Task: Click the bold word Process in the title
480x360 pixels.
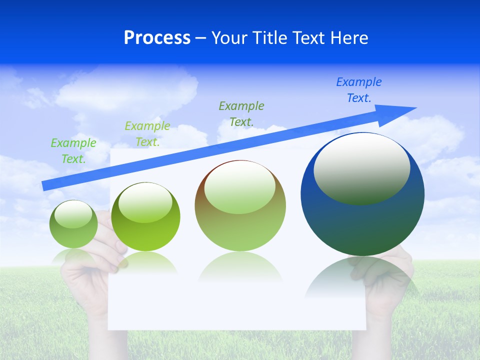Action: pyautogui.click(x=157, y=38)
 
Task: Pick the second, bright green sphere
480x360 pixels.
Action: pyautogui.click(x=145, y=217)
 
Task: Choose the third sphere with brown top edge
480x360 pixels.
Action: pyautogui.click(x=240, y=206)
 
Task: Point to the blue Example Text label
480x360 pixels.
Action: pyautogui.click(x=358, y=90)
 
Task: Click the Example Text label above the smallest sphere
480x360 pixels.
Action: pyautogui.click(x=73, y=151)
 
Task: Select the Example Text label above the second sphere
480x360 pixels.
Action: pyautogui.click(x=147, y=134)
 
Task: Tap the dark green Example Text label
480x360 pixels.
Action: pyautogui.click(x=241, y=113)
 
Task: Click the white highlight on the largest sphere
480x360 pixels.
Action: pyautogui.click(x=361, y=168)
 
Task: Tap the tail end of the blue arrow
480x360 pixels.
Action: pyautogui.click(x=46, y=185)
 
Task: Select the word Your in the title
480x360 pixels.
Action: pyautogui.click(x=228, y=38)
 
